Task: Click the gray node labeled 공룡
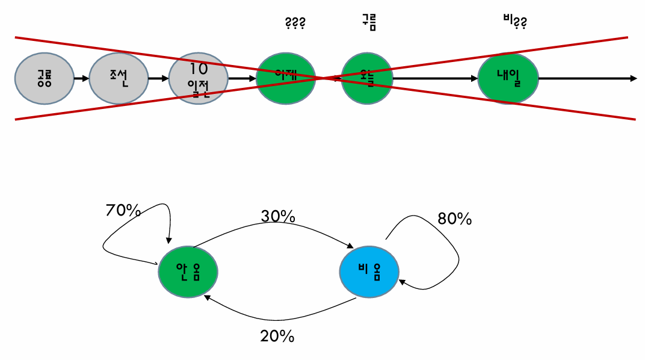44,78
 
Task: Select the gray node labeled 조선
119,78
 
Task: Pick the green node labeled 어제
286,78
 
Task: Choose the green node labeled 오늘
367,78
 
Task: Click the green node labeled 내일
508,78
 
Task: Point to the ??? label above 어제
295,23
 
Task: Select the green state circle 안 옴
188,272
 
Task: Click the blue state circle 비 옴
369,272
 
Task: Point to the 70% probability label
123,211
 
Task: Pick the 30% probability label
278,216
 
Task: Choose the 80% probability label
454,219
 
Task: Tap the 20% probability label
277,336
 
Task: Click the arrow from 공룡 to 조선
81,78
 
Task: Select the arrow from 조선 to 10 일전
158,78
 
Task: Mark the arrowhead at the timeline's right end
633,78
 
